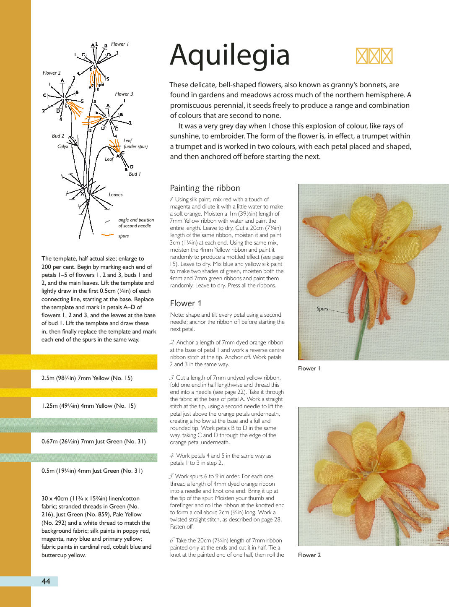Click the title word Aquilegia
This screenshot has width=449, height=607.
tap(230, 55)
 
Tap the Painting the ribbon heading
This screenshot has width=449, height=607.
tap(205, 188)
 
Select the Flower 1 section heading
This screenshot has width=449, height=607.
tap(186, 303)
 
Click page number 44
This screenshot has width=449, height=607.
tap(46, 581)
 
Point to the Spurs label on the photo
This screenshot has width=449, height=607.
tap(322, 309)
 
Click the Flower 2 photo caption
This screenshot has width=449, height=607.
tap(309, 555)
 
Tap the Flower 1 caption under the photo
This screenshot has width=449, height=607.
tap(309, 368)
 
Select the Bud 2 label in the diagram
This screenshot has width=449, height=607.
tap(58, 136)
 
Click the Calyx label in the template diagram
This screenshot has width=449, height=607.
tap(63, 146)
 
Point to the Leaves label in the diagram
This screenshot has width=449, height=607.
tap(116, 195)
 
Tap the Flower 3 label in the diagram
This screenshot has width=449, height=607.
tap(124, 94)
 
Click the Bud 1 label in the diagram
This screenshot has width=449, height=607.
tap(135, 174)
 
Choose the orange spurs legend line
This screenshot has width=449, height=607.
tap(108, 235)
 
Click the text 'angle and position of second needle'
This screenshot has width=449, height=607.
tap(136, 223)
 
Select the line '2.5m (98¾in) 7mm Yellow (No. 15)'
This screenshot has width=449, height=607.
tap(87, 378)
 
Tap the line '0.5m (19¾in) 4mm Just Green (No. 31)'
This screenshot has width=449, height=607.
tap(92, 471)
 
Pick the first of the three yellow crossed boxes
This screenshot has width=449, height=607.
tap(361, 56)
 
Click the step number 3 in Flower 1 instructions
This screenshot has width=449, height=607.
tap(172, 378)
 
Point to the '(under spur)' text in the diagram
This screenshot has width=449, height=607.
tap(135, 147)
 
